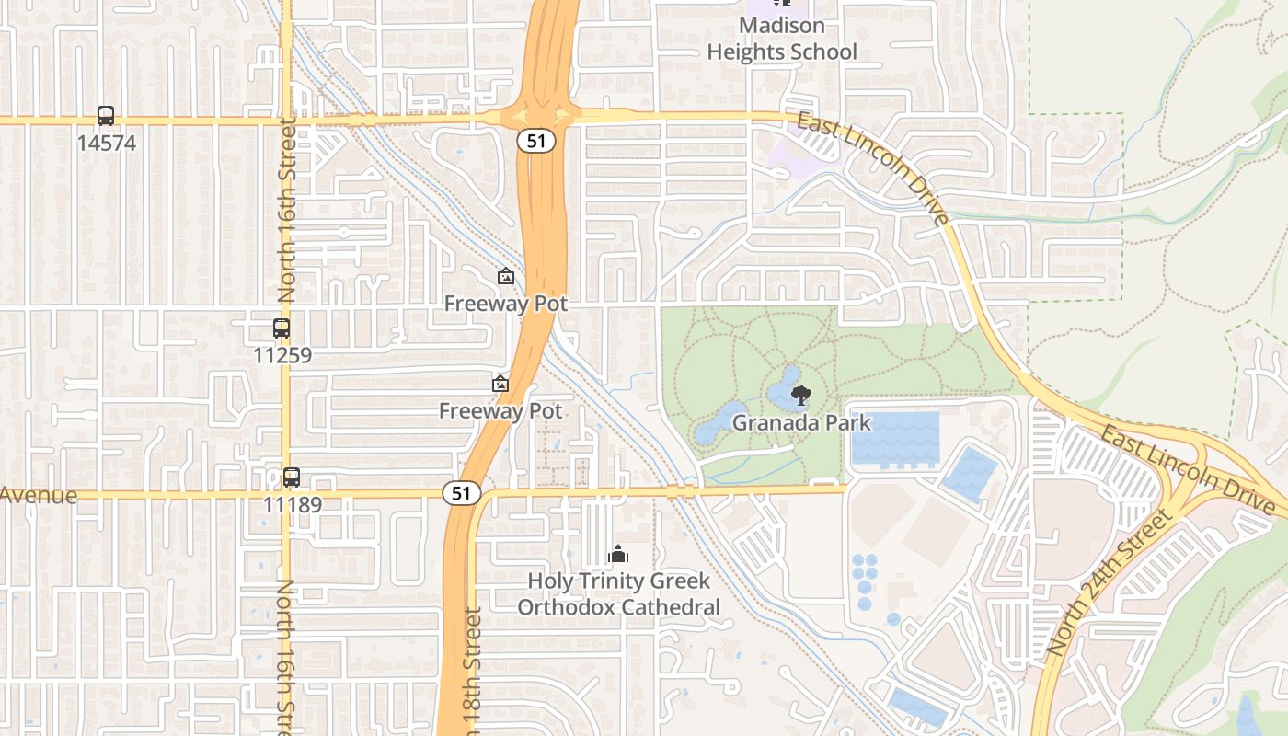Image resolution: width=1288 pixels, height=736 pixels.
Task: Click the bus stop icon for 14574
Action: tap(106, 116)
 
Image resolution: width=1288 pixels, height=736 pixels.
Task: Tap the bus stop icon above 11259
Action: tap(282, 328)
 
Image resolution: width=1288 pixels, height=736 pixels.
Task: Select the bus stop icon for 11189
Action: tap(292, 477)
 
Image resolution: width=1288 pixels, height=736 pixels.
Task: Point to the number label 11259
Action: tap(282, 355)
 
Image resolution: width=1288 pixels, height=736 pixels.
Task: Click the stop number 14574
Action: tap(106, 144)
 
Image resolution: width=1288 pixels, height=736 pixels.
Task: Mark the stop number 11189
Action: tap(292, 504)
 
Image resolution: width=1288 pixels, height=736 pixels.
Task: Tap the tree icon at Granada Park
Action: tap(801, 396)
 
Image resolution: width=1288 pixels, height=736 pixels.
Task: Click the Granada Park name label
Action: tap(801, 423)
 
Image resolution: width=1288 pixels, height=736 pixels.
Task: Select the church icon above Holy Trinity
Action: tap(618, 554)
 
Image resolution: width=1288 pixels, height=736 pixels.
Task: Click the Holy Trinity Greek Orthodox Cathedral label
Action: tap(618, 594)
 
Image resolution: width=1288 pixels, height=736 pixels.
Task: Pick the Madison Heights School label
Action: tap(782, 39)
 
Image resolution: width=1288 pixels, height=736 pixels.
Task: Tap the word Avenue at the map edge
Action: tap(39, 496)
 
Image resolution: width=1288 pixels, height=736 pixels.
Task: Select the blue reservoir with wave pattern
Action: tap(894, 438)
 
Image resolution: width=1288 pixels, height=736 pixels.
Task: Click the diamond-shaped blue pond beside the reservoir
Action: tap(969, 474)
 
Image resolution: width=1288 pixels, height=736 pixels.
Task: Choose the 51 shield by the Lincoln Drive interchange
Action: tap(535, 141)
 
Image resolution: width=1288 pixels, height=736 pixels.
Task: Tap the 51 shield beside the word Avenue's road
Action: tap(462, 494)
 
